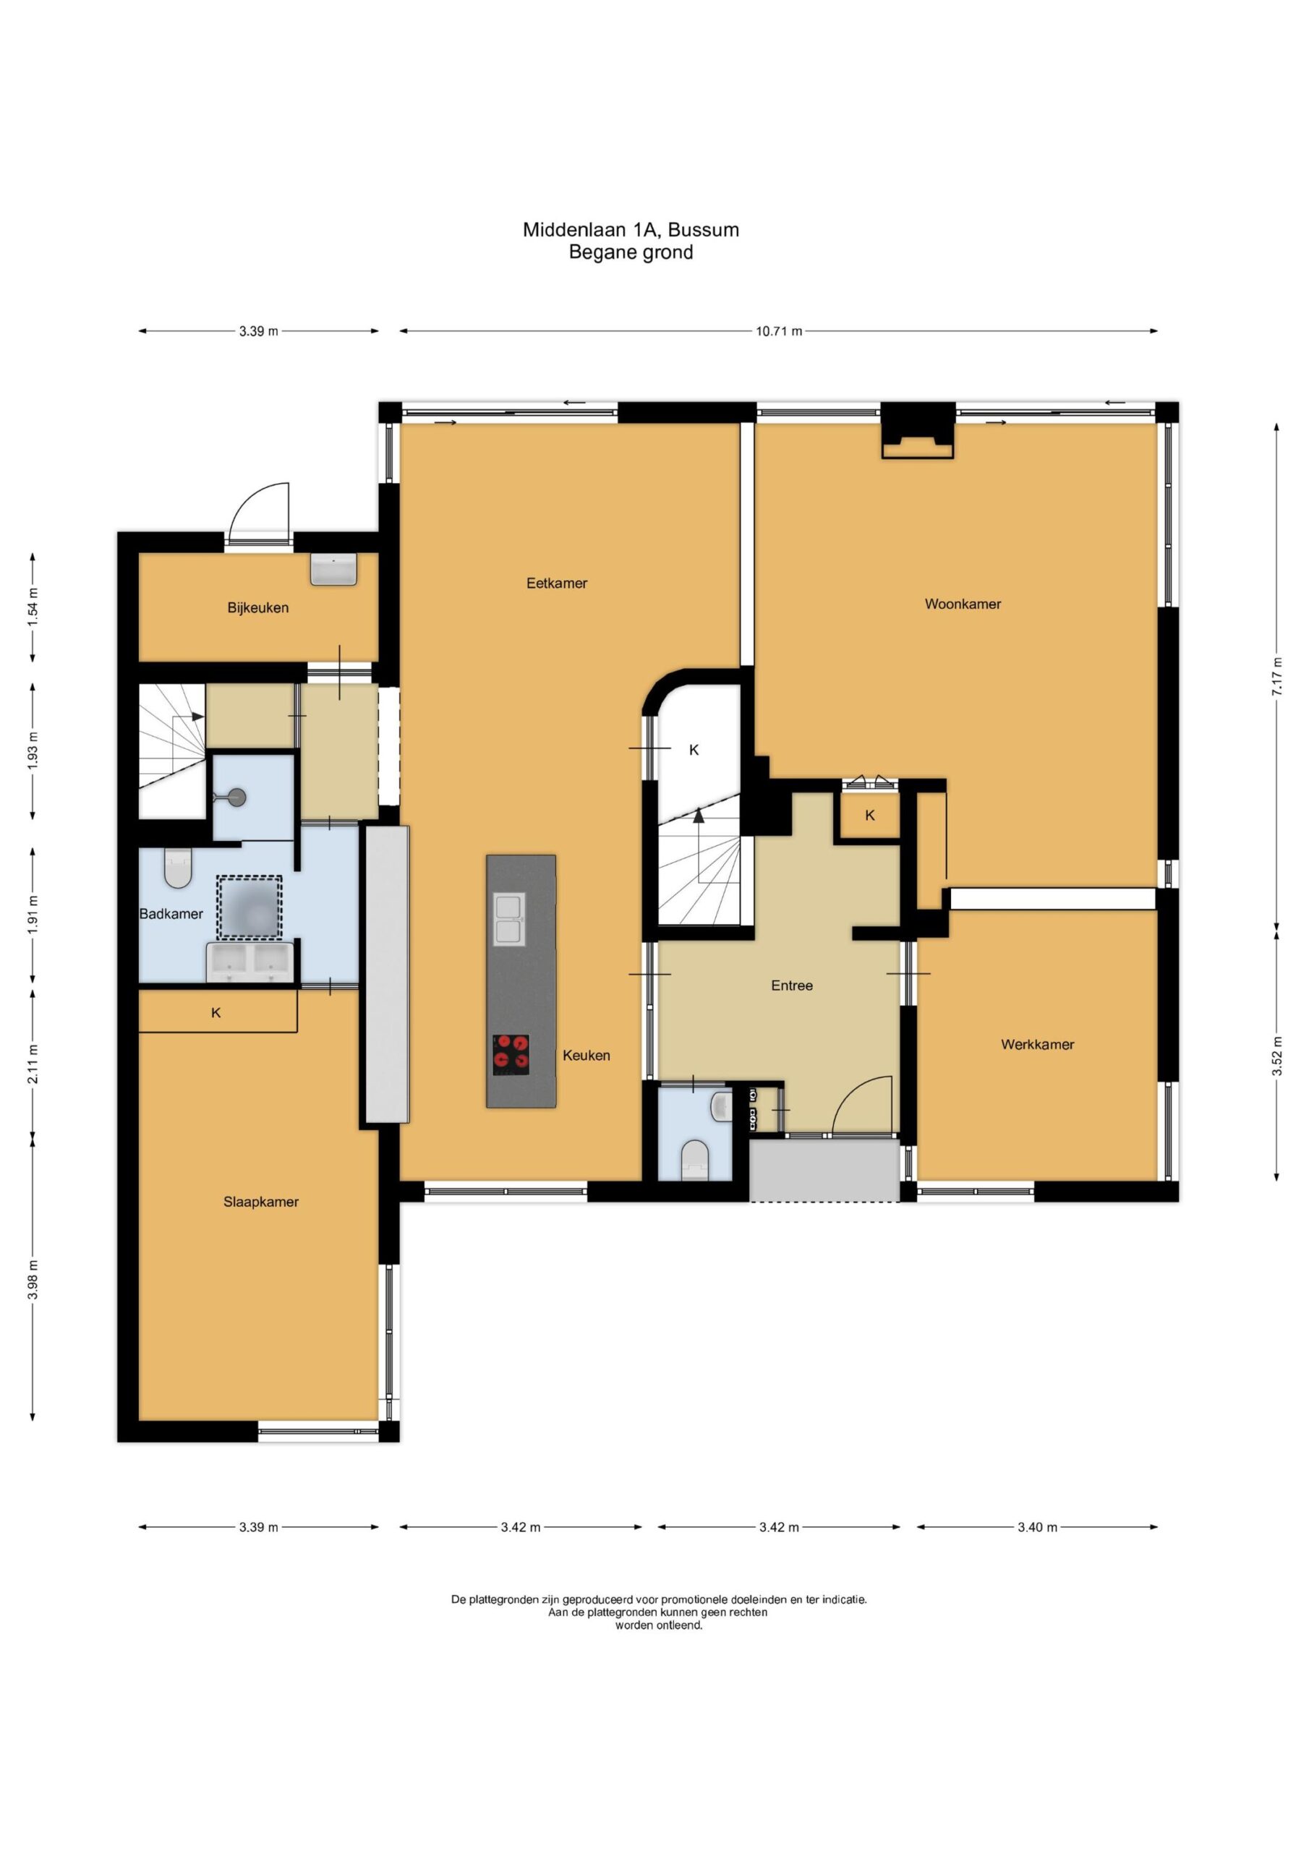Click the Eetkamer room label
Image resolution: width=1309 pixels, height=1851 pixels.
pos(557,583)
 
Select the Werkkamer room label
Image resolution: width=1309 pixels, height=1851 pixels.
pos(1037,1044)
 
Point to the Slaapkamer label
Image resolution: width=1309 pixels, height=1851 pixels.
pos(260,1201)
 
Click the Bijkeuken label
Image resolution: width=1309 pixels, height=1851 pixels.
pos(257,608)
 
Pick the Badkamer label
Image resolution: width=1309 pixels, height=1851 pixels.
pos(171,913)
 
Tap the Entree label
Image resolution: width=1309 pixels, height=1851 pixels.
pos(791,986)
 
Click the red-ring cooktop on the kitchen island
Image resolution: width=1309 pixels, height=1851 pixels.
pos(511,1053)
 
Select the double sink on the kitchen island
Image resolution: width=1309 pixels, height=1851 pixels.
pos(509,919)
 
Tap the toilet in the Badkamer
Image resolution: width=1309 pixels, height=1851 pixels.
pos(177,868)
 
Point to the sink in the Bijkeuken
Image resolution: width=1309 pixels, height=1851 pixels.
pos(334,569)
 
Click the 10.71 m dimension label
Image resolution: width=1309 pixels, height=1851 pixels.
pos(778,331)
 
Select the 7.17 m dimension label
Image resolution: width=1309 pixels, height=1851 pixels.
pos(1276,677)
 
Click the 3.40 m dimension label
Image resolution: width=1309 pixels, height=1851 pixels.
pos(1037,1527)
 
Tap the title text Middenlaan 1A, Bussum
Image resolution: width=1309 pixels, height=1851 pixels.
pos(631,230)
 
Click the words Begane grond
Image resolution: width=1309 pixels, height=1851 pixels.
pos(631,252)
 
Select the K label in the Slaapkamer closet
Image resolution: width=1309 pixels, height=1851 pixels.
pos(216,1012)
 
